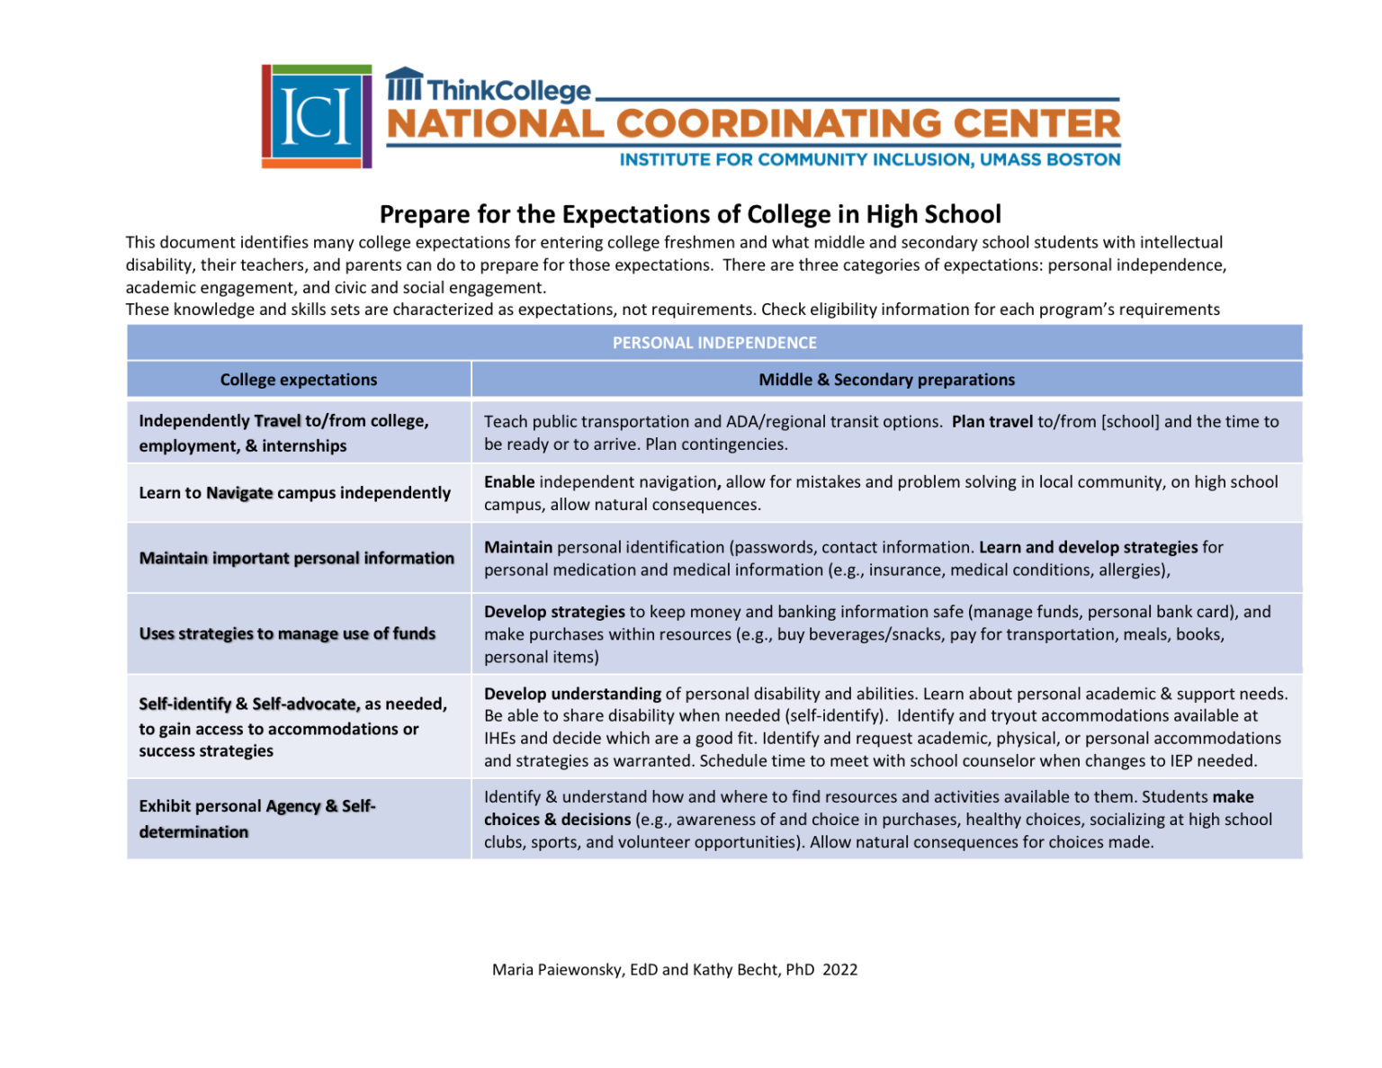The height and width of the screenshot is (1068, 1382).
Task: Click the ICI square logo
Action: point(317,116)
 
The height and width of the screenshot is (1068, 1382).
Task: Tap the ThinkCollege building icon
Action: point(404,85)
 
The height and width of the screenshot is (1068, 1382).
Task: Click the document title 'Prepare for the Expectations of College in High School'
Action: point(690,214)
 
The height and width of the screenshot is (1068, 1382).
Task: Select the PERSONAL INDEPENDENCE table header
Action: point(714,343)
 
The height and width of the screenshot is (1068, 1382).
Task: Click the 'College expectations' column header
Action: point(299,380)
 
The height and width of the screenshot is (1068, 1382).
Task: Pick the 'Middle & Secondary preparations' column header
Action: point(886,380)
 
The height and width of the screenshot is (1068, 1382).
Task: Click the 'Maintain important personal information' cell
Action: point(297,558)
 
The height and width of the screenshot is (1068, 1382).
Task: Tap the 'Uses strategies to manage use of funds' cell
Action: point(287,633)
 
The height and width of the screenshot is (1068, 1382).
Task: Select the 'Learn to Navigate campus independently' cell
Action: point(294,493)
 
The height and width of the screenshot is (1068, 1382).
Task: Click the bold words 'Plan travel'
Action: point(992,421)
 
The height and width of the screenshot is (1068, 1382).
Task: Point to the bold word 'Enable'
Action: point(509,481)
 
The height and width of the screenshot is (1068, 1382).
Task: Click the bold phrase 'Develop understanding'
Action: point(572,694)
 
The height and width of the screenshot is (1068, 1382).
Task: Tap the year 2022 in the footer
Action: point(839,970)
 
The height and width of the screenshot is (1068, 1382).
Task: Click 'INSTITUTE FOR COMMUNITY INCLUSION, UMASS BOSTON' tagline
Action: point(869,160)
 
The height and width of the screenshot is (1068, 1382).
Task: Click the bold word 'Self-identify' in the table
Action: point(184,704)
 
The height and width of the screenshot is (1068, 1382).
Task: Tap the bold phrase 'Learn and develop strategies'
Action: point(1088,547)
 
